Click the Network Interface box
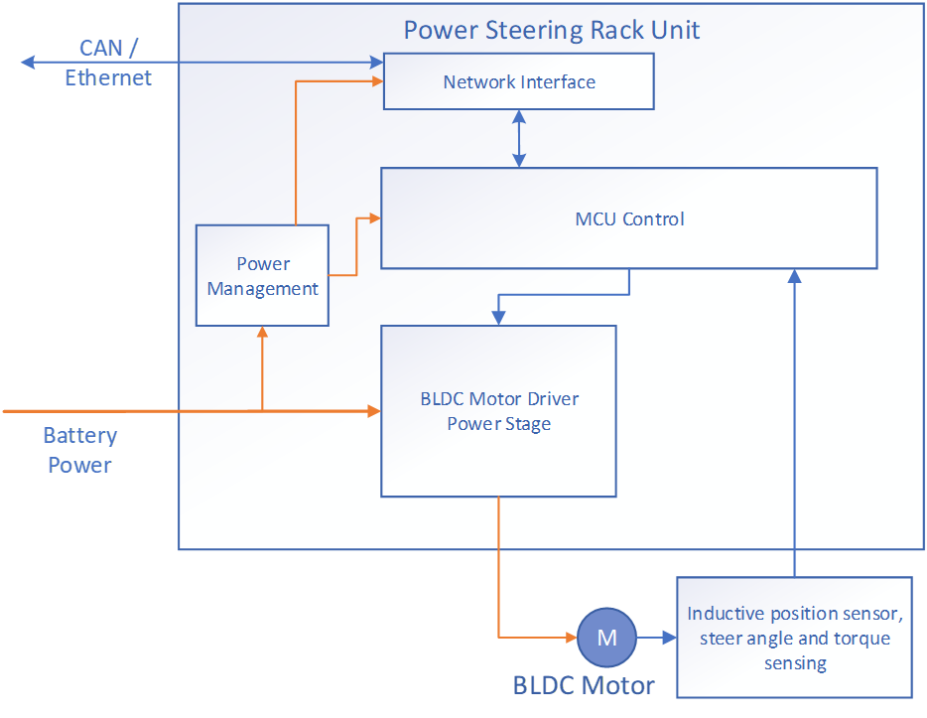pos(518,81)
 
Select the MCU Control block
pos(629,218)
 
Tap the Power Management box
pos(262,276)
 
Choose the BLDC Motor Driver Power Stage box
pos(498,411)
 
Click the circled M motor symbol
pos(606,638)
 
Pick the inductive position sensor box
pos(794,638)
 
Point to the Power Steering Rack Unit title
pos(551,30)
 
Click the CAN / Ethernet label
pos(108,63)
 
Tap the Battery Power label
pos(79,450)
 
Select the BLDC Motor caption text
pos(584,685)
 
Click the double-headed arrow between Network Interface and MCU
pos(518,138)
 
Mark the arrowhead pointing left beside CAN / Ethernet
pos(27,63)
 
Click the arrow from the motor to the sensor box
pos(655,638)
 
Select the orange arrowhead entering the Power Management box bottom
pos(262,334)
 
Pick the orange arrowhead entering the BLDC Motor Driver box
pos(374,410)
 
